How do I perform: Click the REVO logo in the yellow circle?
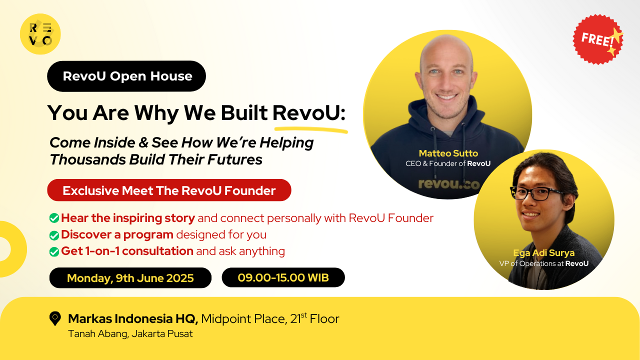point(40,34)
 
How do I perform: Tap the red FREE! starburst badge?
point(598,39)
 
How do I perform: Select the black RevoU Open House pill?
point(126,76)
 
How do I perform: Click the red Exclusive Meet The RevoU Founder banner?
point(169,190)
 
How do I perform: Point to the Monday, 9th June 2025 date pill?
point(130,278)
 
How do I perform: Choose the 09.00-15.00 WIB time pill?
point(283,277)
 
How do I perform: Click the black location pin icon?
point(55,318)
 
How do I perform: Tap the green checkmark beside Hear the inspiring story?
point(54,218)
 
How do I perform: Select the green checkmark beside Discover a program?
point(54,235)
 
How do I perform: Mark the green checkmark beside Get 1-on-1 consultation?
point(54,251)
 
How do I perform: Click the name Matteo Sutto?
point(448,153)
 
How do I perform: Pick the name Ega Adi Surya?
point(543,253)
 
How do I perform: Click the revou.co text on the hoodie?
point(448,184)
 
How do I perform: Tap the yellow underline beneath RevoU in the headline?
point(310,129)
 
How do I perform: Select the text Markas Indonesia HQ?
point(133,318)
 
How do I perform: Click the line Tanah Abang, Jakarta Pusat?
point(130,333)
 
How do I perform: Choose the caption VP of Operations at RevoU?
point(543,263)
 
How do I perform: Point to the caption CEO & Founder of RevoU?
point(448,163)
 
